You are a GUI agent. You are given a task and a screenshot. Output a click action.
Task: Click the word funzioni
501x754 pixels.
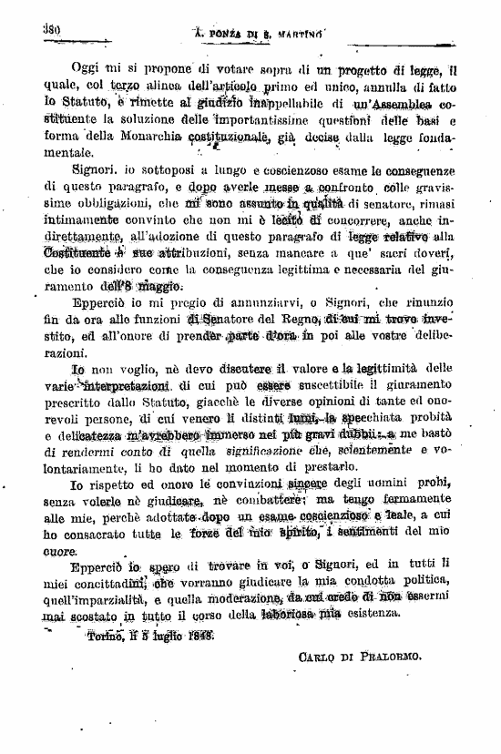click(160, 320)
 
